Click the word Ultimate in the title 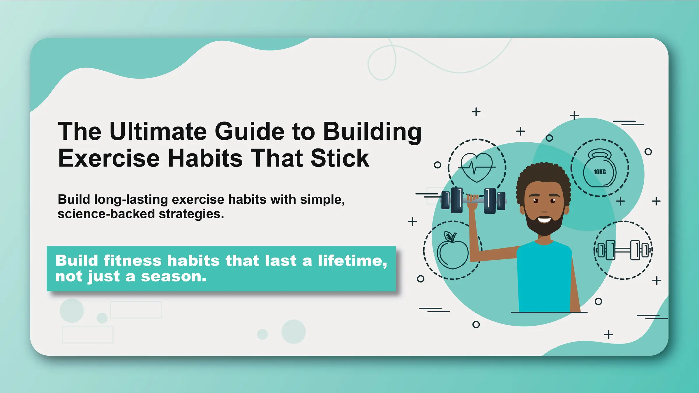click(x=158, y=131)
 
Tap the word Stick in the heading click(x=340, y=158)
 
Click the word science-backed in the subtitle click(x=106, y=214)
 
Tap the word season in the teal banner click(x=174, y=276)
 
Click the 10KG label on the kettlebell click(x=600, y=172)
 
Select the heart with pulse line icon click(x=477, y=167)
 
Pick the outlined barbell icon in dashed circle click(x=623, y=250)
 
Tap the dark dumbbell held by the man click(x=473, y=200)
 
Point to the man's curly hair click(x=543, y=175)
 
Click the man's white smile click(x=544, y=220)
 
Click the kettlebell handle click(x=600, y=154)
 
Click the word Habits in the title click(x=205, y=158)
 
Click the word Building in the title click(x=372, y=131)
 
